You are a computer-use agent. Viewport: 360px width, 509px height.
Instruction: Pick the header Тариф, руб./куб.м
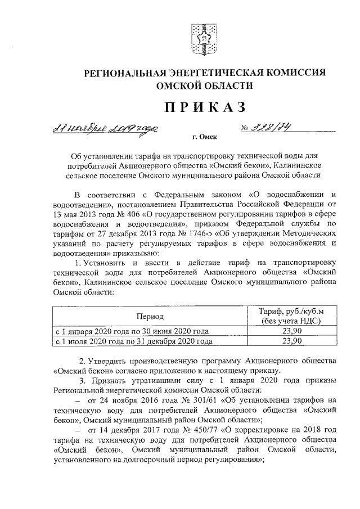click(291, 312)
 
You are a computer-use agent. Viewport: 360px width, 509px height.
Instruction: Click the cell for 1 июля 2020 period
click(133, 341)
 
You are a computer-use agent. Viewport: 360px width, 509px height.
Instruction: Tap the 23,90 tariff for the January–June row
click(291, 331)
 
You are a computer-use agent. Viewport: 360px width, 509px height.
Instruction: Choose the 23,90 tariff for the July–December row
click(291, 341)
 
